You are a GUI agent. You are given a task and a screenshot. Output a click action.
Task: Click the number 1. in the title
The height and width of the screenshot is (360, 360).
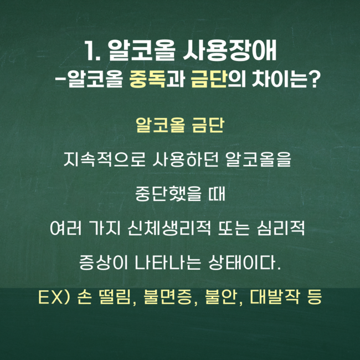[92, 51]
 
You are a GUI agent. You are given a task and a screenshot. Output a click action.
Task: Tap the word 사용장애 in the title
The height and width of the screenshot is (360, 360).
[230, 51]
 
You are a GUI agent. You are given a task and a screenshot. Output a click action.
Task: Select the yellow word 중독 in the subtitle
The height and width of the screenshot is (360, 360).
[147, 79]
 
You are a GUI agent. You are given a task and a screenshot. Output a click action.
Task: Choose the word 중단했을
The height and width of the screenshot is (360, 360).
[168, 194]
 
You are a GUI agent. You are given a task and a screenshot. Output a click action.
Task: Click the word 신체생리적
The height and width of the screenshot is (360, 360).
[169, 228]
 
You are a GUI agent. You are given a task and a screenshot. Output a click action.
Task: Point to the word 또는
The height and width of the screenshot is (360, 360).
[234, 228]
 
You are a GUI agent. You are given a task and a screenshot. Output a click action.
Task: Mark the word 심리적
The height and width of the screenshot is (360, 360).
[281, 228]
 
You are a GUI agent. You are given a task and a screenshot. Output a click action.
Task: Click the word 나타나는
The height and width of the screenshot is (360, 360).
[168, 263]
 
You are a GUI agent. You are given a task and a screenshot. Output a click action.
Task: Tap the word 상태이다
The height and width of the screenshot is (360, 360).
[244, 263]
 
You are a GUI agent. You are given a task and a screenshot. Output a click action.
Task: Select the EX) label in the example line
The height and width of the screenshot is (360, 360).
[54, 297]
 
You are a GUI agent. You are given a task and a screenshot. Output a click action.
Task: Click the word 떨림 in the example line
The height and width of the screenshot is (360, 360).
[115, 297]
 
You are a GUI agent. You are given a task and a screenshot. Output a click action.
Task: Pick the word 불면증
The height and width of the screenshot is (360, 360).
[168, 297]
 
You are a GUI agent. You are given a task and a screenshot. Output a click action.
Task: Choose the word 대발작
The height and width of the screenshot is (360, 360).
[275, 297]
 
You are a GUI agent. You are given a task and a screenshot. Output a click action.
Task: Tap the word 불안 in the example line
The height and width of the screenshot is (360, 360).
[221, 297]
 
